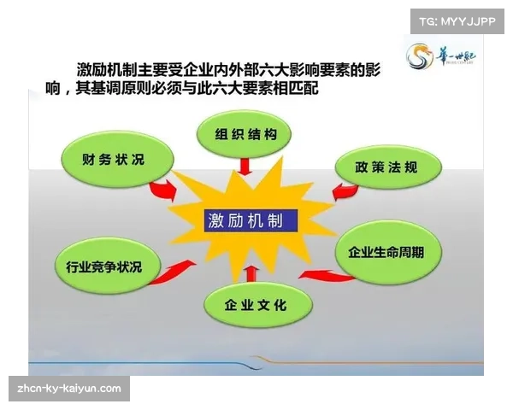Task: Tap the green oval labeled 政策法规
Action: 386,167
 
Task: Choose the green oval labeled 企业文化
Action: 256,304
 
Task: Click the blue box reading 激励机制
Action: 251,220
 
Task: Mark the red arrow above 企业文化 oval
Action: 250,272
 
